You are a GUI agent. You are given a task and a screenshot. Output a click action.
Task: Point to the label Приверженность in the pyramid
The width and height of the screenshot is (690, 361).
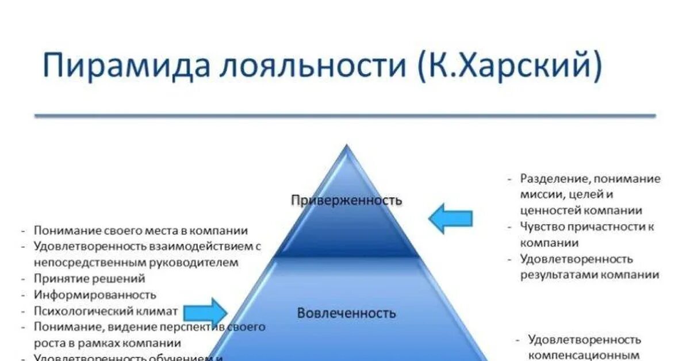pos(346,200)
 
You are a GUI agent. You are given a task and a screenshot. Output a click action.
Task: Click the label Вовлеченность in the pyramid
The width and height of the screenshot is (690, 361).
pos(346,313)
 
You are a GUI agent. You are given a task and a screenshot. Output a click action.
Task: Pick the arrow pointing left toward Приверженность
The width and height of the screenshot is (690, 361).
pos(450,218)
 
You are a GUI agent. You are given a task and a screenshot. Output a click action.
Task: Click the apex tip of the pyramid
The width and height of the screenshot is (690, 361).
pos(346,147)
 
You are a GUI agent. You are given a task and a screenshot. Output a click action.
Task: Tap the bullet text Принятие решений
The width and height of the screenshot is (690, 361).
pos(89,278)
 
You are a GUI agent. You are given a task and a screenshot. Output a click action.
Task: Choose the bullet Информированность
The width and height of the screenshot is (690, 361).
pos(95,294)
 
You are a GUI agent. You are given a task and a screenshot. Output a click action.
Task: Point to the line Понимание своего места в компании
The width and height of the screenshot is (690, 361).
pos(141,231)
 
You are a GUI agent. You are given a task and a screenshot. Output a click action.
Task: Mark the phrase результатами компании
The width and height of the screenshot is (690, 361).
pos(590,275)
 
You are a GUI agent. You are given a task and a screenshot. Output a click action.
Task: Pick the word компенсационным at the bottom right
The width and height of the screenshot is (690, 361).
pos(584,355)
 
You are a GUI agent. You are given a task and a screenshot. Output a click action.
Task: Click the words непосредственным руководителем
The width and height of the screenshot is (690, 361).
pos(135,263)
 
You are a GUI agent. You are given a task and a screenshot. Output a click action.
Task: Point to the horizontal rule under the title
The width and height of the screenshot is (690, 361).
pos(345,116)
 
